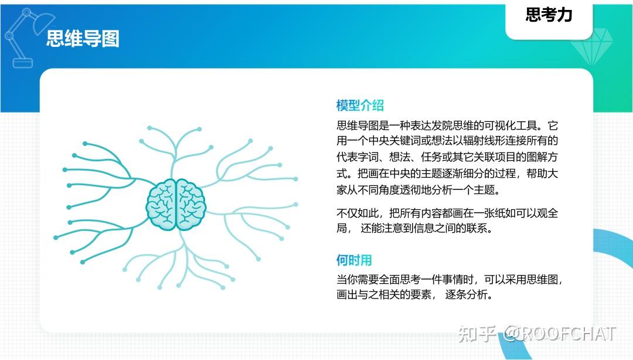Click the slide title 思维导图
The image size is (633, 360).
click(x=83, y=39)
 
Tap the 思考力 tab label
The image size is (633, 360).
click(x=549, y=15)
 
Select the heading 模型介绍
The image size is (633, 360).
click(x=360, y=106)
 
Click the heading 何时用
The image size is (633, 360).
click(x=354, y=260)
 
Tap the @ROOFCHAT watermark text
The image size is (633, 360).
click(x=560, y=334)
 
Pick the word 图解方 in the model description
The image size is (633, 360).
click(x=538, y=157)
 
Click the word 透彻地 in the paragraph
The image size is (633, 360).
click(x=431, y=190)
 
